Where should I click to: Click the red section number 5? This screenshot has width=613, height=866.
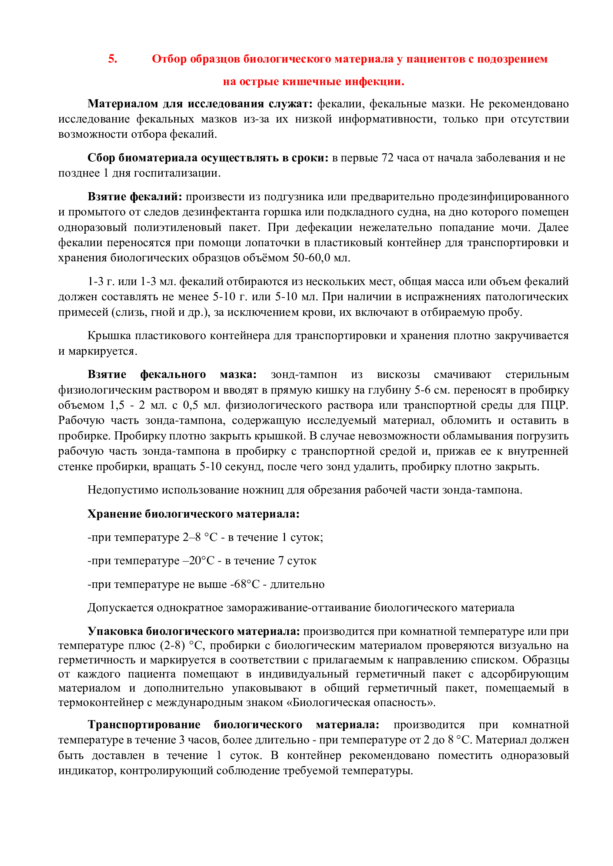113,59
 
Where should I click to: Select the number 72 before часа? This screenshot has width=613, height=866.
388,158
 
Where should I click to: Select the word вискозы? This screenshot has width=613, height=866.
398,374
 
